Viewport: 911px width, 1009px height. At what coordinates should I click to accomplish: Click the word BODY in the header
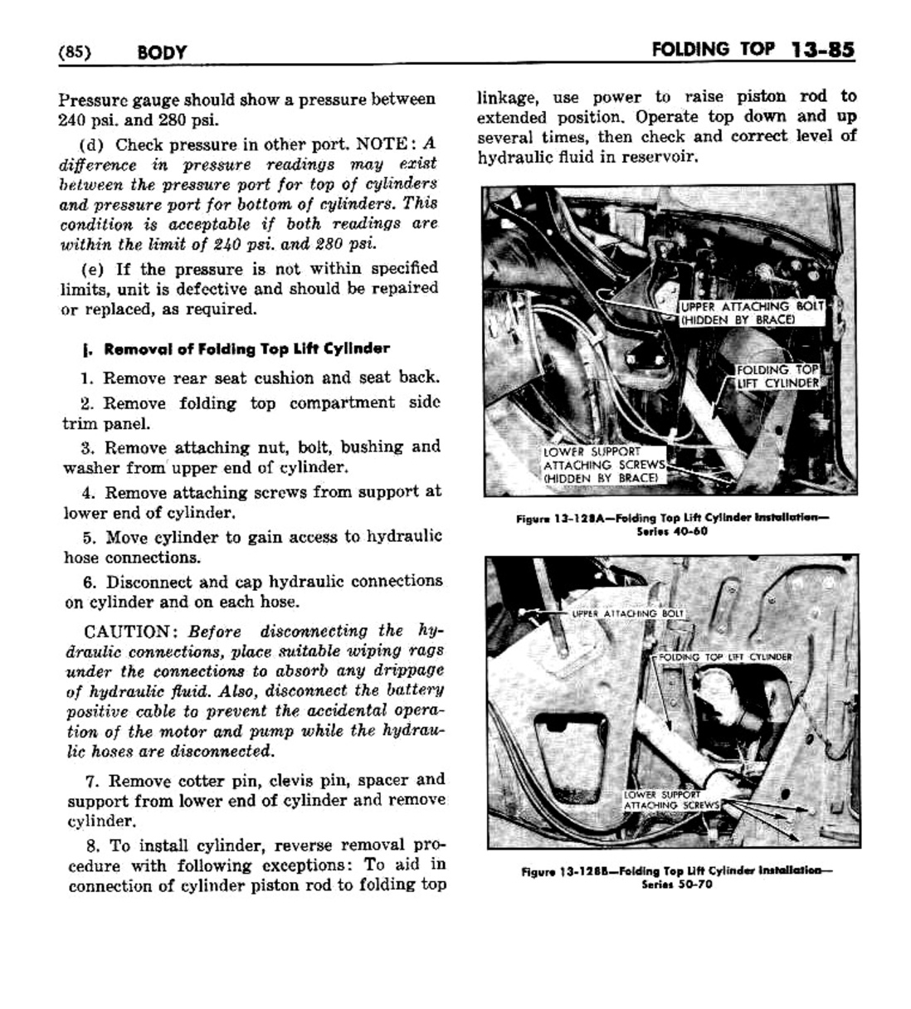pyautogui.click(x=163, y=52)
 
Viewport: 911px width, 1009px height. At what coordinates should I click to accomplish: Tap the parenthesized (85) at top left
pyautogui.click(x=75, y=52)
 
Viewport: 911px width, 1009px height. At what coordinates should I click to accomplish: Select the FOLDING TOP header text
pyautogui.click(x=714, y=49)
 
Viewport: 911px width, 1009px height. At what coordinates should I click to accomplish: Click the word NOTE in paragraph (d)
pyautogui.click(x=382, y=144)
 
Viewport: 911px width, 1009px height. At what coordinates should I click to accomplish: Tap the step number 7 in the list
pyautogui.click(x=92, y=781)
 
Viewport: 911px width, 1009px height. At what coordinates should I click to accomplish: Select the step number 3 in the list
pyautogui.click(x=86, y=448)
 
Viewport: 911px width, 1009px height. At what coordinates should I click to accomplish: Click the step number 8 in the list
pyautogui.click(x=92, y=846)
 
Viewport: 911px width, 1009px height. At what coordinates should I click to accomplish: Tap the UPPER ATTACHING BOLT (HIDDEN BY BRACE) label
pyautogui.click(x=751, y=313)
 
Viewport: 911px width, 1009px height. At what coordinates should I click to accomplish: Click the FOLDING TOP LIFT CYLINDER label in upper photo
pyautogui.click(x=778, y=376)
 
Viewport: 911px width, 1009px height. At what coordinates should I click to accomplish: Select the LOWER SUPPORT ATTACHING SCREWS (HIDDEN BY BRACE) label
pyautogui.click(x=603, y=465)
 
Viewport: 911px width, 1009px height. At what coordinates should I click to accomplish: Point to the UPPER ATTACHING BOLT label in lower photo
pyautogui.click(x=627, y=613)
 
